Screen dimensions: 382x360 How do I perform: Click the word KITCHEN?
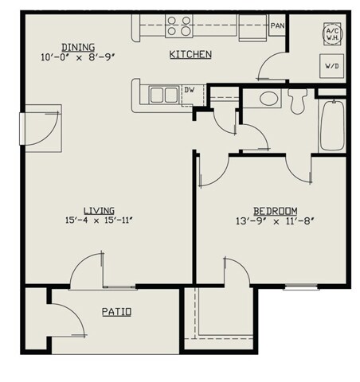tap(190, 55)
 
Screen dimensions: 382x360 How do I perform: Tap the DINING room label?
tap(63, 46)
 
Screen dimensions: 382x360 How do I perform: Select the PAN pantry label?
tap(277, 26)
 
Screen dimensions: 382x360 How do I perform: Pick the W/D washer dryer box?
tap(332, 65)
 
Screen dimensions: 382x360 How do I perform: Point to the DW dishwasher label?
tap(190, 90)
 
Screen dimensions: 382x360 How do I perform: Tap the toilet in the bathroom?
tap(298, 100)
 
